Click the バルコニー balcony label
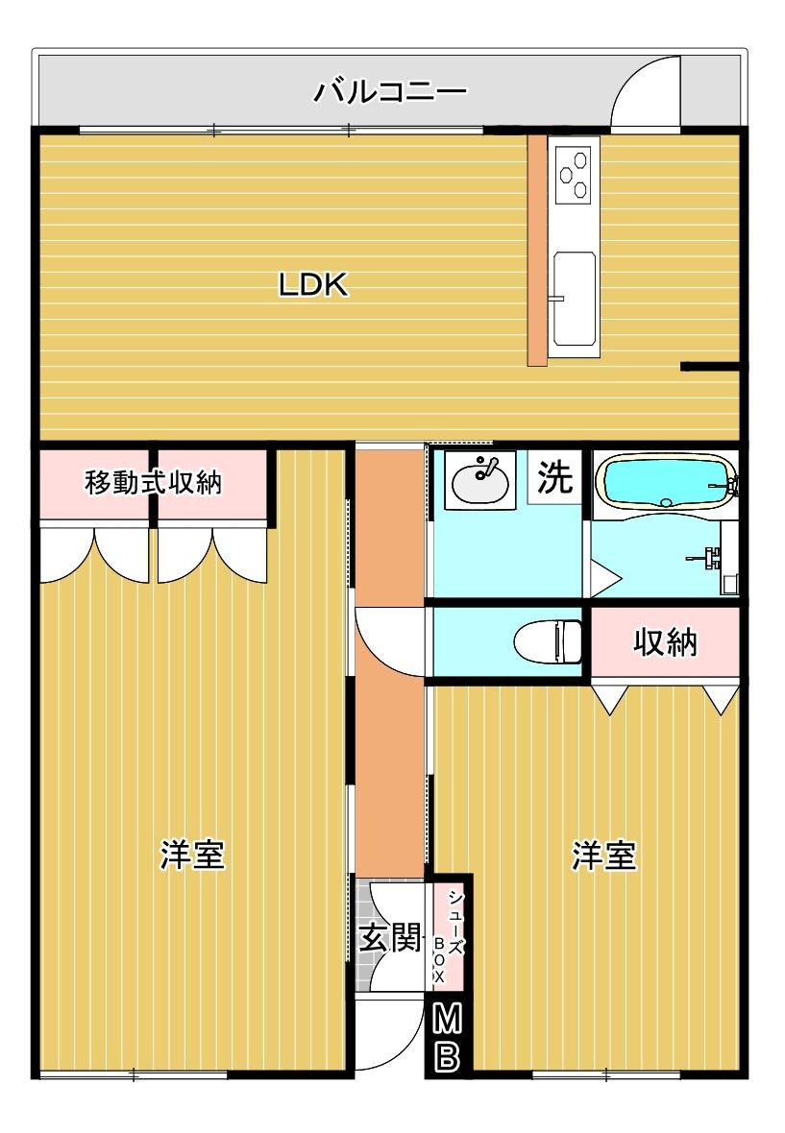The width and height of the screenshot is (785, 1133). pos(389,91)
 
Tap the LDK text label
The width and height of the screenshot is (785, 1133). pos(313,285)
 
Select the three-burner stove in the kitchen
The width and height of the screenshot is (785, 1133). pos(574,174)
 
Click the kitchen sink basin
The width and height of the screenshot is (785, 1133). pos(575,298)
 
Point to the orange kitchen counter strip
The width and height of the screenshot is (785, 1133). pos(536,250)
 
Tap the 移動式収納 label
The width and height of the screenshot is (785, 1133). pos(153,482)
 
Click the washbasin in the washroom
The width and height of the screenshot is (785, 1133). pos(479,480)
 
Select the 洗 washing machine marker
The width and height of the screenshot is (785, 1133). pos(554,477)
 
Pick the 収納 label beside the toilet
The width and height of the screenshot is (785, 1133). pos(665,641)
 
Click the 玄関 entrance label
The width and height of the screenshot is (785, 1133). pos(390,939)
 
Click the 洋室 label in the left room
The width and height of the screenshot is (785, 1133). pos(192,855)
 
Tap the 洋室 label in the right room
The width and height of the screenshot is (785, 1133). pos(604,856)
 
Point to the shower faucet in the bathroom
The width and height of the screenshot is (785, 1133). pos(706,556)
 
